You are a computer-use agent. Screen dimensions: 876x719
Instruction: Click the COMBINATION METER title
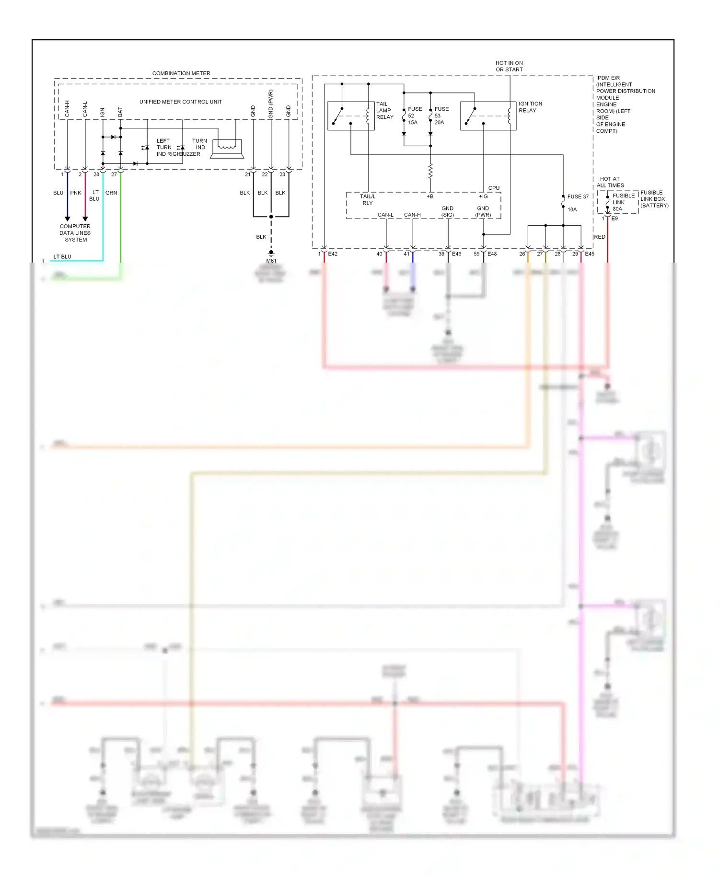(x=181, y=73)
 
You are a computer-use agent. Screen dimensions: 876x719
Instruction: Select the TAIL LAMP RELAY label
(x=384, y=110)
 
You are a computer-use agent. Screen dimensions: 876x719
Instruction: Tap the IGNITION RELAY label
(x=530, y=107)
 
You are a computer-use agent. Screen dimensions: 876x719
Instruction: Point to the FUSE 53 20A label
(x=441, y=115)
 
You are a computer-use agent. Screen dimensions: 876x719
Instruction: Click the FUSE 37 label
(x=578, y=196)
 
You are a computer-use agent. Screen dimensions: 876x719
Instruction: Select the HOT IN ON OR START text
(x=509, y=66)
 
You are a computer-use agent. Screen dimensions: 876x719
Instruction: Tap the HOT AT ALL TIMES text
(x=610, y=182)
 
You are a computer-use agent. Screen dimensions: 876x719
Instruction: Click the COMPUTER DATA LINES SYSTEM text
(x=75, y=233)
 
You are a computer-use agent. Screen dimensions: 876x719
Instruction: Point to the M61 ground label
(x=271, y=261)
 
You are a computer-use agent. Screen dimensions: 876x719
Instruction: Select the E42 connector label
(x=333, y=254)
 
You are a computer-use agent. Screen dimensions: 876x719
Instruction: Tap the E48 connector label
(x=492, y=254)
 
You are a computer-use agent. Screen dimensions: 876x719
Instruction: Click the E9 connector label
(x=615, y=219)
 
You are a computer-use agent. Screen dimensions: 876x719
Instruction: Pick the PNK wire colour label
(x=76, y=193)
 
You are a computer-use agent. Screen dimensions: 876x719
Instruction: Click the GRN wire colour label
(x=111, y=193)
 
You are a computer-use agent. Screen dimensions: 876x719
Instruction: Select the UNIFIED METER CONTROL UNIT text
(x=181, y=102)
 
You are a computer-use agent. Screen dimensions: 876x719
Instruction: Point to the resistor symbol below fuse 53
(x=430, y=171)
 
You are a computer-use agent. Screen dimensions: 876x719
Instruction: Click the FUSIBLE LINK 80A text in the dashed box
(x=623, y=202)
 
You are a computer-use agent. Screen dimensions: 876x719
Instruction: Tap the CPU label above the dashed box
(x=494, y=188)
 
